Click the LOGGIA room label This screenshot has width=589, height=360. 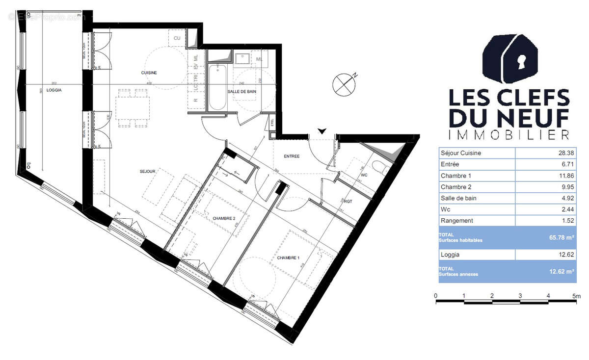[54, 90]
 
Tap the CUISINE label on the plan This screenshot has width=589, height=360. [149, 73]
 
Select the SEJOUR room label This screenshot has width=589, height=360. [147, 171]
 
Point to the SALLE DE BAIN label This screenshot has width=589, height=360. [241, 92]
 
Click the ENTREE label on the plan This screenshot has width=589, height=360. [292, 156]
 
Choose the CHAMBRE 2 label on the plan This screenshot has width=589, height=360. [224, 218]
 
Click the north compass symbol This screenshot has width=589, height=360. [344, 83]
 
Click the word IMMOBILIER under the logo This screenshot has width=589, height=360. [509, 134]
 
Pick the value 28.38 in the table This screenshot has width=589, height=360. [565, 153]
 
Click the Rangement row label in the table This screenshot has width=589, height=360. [457, 221]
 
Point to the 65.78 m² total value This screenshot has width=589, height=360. [562, 237]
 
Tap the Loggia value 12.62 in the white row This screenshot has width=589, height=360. [565, 255]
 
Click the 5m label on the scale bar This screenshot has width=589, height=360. [576, 296]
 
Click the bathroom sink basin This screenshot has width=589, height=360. [242, 59]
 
